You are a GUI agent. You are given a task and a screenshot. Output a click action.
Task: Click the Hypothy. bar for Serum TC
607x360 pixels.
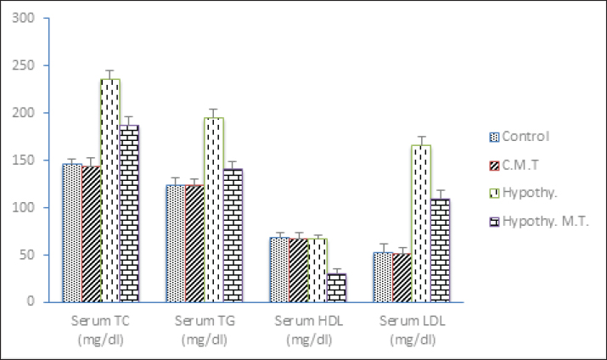(x=110, y=190)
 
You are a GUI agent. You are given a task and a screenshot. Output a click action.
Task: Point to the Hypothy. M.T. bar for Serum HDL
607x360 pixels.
(x=336, y=287)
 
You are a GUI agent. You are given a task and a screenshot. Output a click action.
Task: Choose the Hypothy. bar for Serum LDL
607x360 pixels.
(x=421, y=222)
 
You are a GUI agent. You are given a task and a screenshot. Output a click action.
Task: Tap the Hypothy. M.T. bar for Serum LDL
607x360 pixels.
(x=440, y=250)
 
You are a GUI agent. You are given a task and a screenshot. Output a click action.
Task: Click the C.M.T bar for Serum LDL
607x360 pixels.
(x=402, y=277)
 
